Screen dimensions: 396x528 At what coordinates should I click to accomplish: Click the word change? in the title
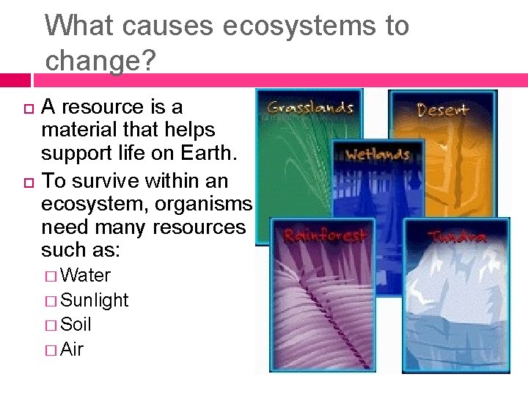pos(100,61)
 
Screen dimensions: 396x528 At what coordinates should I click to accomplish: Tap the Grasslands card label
pos(310,108)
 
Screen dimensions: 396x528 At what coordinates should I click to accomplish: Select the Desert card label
pos(442,110)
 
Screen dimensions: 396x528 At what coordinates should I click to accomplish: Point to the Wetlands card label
pos(376,154)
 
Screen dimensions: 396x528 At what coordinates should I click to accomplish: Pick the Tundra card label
pos(457,238)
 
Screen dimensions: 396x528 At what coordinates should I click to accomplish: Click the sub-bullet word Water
pos(86,276)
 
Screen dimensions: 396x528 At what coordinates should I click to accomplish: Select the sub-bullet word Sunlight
pos(95,300)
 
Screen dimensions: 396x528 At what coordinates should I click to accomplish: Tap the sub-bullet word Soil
pos(76,324)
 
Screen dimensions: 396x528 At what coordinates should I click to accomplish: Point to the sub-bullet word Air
pos(73,349)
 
